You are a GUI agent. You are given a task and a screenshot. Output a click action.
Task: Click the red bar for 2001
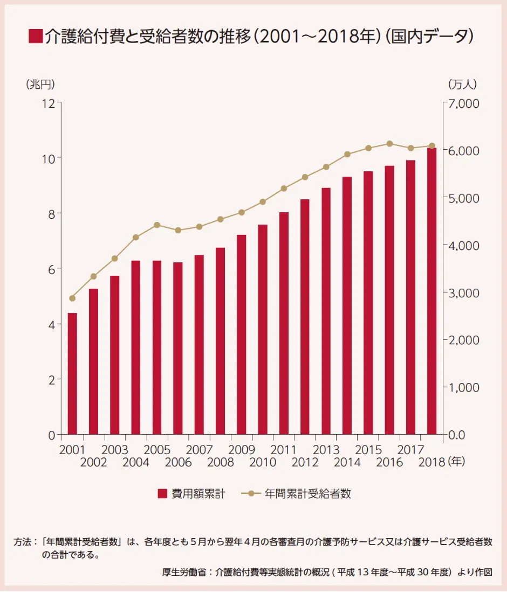72,373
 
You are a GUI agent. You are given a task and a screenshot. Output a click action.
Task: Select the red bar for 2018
431,291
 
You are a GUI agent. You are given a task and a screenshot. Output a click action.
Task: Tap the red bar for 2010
263,329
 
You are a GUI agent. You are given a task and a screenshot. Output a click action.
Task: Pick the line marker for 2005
157,225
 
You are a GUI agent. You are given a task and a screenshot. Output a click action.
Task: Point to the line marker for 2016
389,144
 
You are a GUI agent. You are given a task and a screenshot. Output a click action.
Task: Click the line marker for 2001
72,298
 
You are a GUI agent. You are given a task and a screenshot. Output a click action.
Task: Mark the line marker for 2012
305,177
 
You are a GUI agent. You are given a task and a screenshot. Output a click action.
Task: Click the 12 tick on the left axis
49,102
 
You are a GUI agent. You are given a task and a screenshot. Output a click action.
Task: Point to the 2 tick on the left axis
52,379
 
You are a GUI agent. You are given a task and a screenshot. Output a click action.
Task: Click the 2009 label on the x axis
241,450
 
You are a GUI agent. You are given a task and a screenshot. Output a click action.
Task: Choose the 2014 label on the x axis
347,462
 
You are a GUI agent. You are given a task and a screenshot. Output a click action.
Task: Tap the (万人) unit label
462,84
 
